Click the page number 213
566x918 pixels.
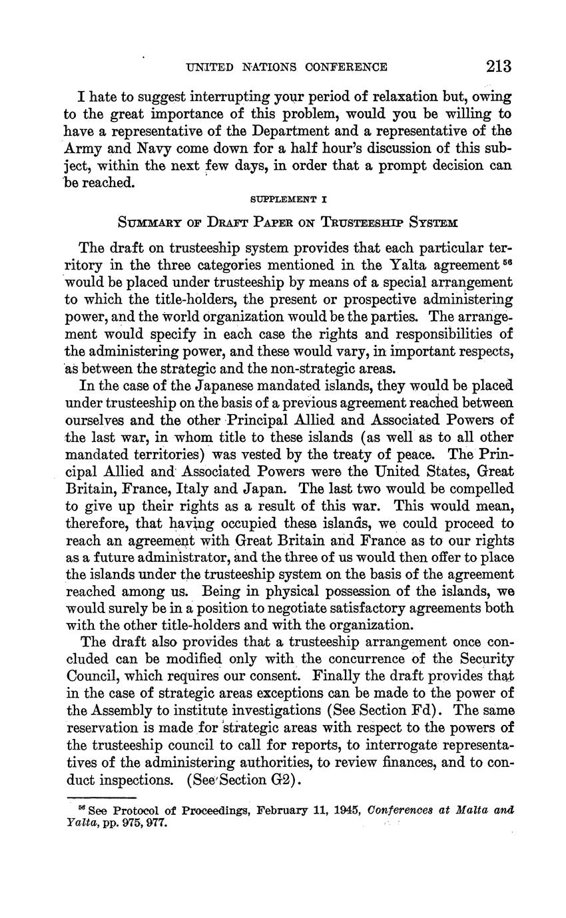coord(498,66)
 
